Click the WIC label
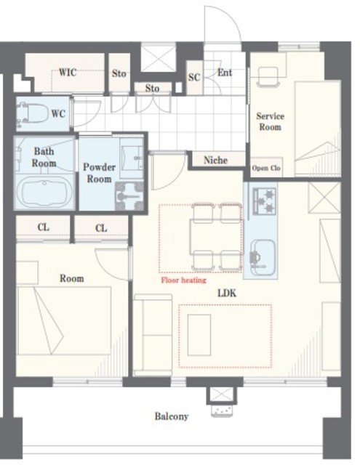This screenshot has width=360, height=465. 68,73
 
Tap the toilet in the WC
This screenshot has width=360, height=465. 32,113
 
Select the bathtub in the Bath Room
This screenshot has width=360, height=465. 44,193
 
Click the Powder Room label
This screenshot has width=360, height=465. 99,173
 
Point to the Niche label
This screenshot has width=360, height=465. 216,160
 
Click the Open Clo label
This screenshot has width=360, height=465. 266,168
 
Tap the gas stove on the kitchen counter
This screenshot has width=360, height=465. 264,201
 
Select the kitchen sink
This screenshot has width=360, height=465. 263,256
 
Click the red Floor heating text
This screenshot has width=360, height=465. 183,280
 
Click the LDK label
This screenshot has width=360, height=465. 227,294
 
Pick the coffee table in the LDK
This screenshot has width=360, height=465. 199,335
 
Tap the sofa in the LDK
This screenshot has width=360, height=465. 153,335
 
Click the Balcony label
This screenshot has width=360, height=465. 172,416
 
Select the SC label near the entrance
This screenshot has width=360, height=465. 194,77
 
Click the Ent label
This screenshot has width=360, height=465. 225,73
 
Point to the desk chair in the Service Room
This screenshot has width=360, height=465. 268,77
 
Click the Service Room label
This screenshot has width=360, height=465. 270,121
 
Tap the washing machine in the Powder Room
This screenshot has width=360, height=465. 129,196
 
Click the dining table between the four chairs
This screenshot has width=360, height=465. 216,236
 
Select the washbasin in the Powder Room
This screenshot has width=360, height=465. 131,158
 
